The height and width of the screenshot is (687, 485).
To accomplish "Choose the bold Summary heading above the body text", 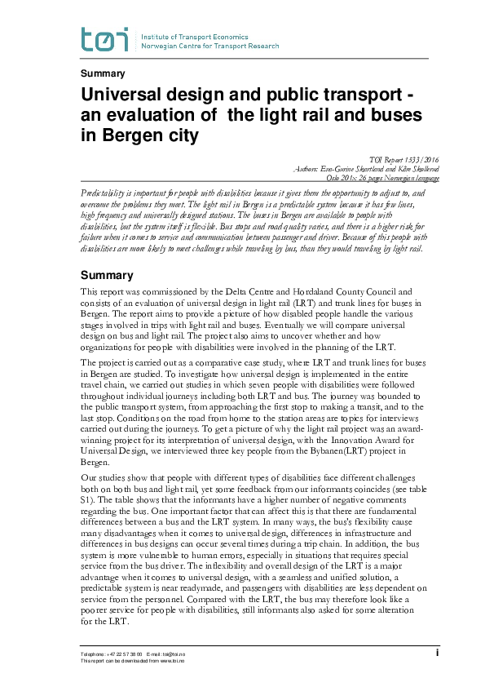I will click(x=107, y=276).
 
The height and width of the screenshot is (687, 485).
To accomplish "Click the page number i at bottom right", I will click(x=437, y=653).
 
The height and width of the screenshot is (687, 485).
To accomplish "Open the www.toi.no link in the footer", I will click(x=180, y=660).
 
